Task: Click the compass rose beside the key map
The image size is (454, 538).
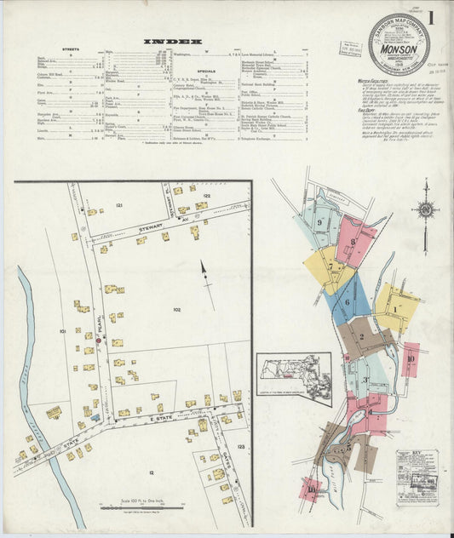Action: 425,209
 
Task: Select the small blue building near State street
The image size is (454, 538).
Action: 95,417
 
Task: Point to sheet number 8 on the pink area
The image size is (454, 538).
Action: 353,241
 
